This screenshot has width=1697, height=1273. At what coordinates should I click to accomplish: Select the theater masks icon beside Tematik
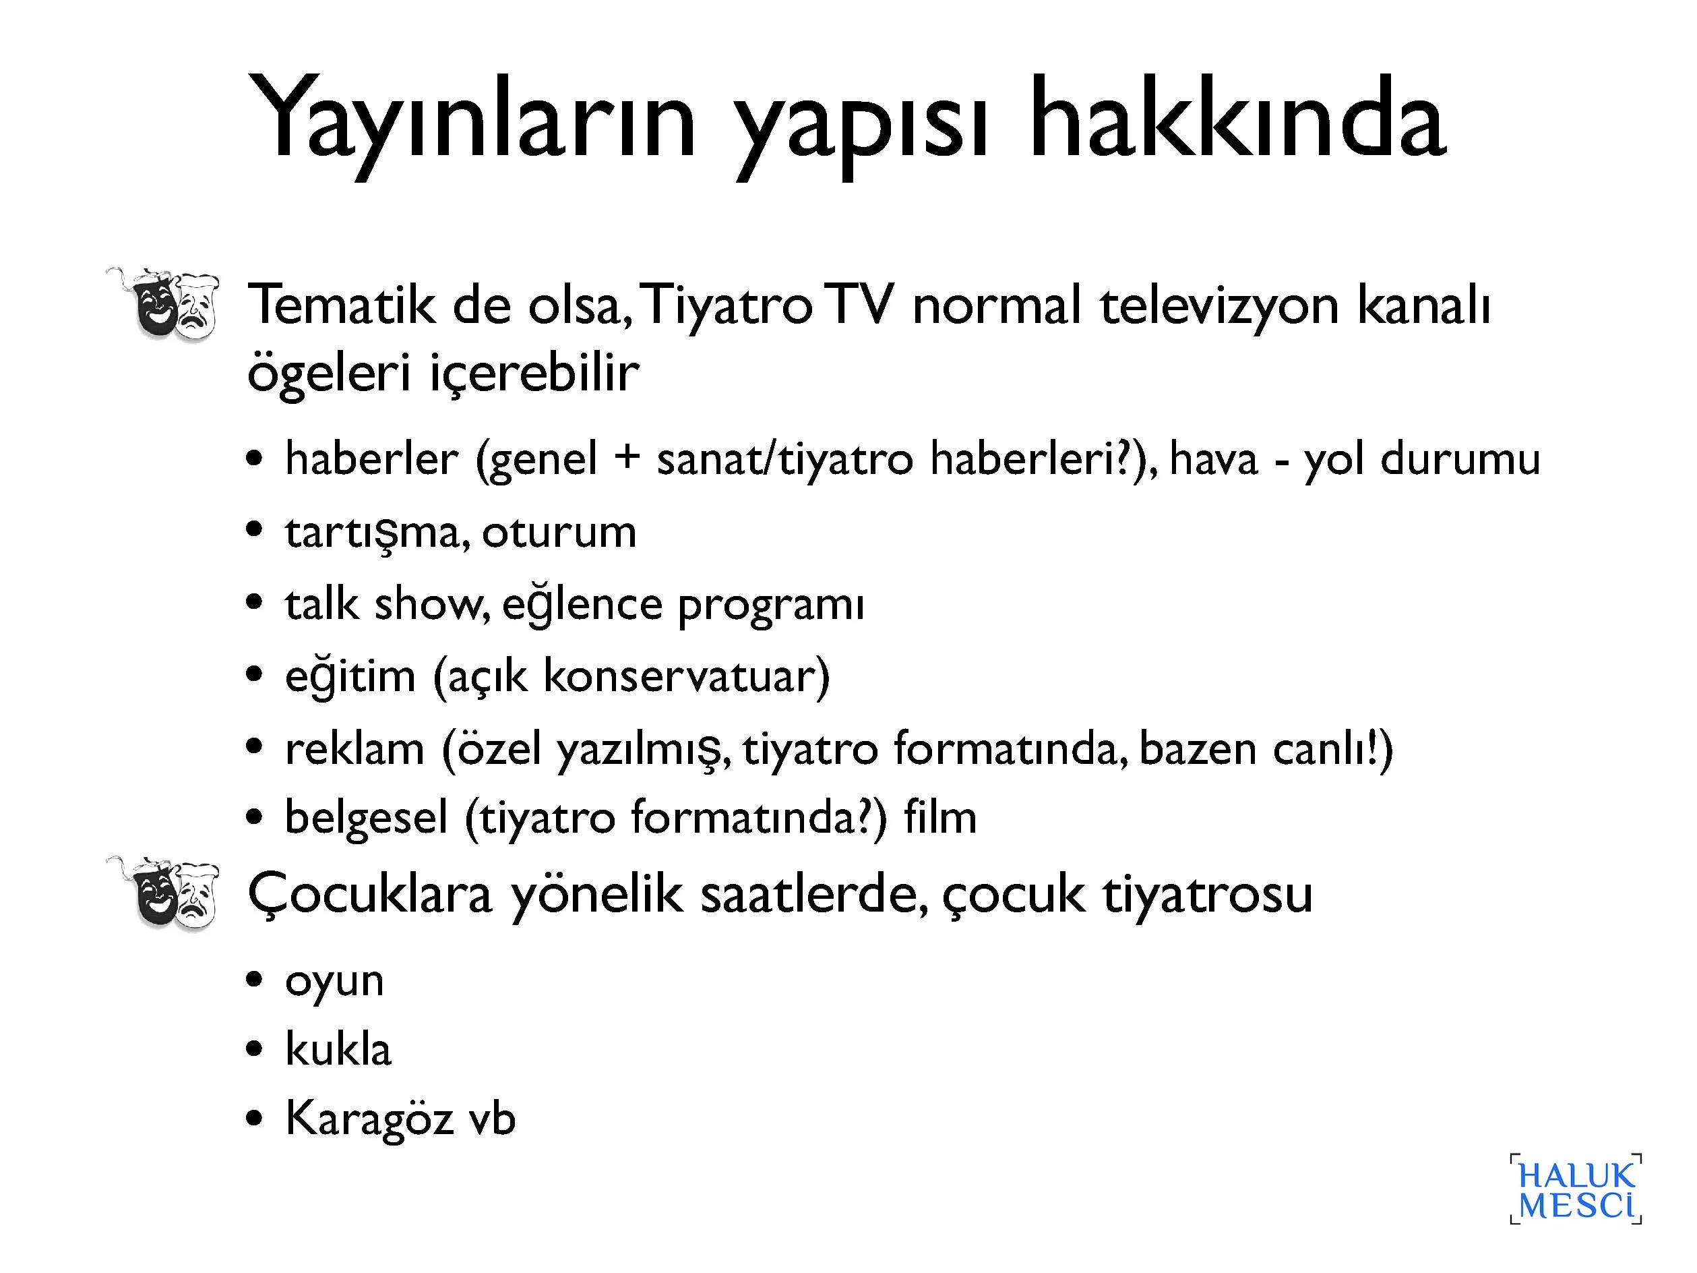(162, 304)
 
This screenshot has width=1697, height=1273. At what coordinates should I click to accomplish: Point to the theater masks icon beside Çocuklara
(162, 893)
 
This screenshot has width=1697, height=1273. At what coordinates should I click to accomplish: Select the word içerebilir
(534, 374)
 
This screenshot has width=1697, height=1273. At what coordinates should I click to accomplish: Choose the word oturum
(559, 532)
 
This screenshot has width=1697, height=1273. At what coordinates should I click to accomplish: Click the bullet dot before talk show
(255, 602)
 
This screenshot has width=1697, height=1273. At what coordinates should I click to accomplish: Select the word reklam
(354, 748)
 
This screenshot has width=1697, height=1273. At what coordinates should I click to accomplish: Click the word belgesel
(366, 818)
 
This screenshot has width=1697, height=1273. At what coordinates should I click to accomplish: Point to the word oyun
(334, 983)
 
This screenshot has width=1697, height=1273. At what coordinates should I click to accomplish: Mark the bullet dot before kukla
(255, 1049)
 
